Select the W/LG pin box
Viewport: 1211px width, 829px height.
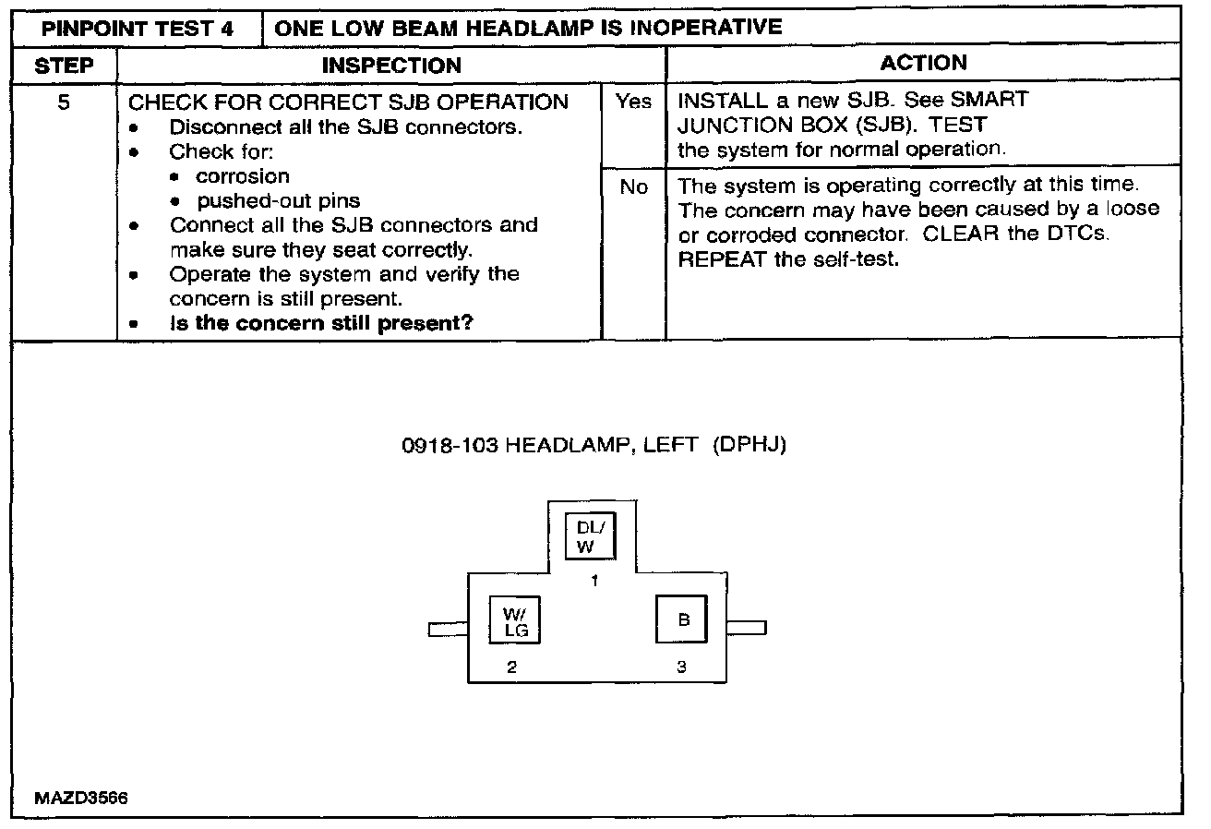(513, 619)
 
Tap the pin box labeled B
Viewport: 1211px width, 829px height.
(681, 619)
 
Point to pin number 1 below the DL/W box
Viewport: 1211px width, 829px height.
(594, 582)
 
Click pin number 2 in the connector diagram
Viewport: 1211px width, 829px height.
(510, 668)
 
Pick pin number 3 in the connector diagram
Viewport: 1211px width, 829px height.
(681, 668)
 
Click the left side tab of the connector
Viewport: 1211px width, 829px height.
(449, 630)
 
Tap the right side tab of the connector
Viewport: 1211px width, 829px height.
(746, 629)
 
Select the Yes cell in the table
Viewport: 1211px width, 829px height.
(633, 102)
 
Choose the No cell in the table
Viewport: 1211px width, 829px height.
(633, 187)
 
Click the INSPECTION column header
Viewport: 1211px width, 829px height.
(391, 65)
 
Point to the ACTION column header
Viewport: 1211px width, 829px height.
(923, 63)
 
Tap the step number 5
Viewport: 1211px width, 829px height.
(63, 102)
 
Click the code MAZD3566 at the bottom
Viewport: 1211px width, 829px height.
(80, 799)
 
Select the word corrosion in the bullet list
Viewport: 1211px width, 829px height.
(243, 176)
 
